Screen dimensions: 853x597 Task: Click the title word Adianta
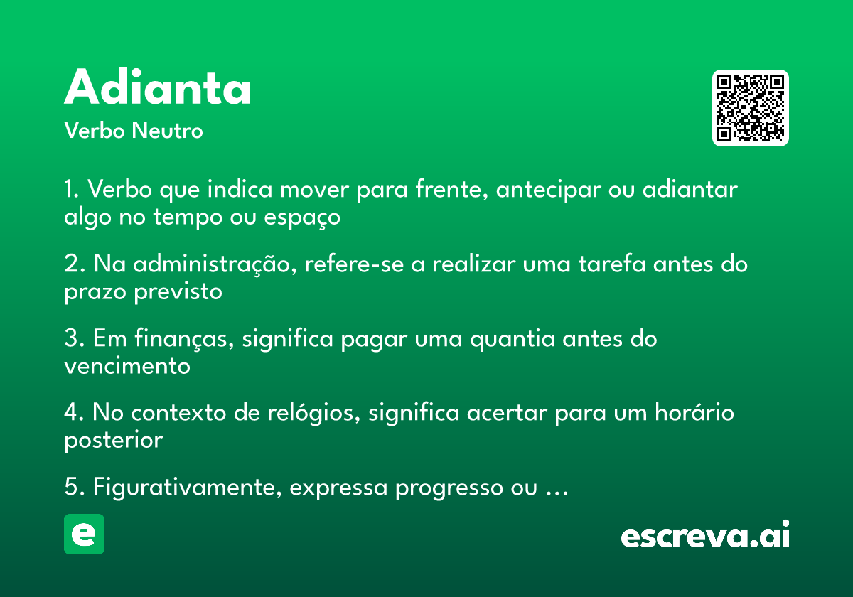coord(157,87)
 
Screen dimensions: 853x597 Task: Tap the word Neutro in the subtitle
coord(167,131)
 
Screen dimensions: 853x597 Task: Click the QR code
coord(750,108)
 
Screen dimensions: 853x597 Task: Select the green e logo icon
coord(84,534)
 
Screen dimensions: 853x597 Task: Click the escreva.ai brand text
coord(705,534)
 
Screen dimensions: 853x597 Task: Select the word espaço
coord(302,217)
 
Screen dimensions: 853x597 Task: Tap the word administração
coord(215,264)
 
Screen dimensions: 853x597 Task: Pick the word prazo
coord(95,292)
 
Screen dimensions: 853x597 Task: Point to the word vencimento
coord(127,366)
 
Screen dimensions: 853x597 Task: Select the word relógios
coord(313,413)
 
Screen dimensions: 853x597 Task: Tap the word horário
coord(694,412)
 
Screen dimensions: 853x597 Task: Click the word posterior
coord(114,441)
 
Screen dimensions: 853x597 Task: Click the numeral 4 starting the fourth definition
coord(71,412)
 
